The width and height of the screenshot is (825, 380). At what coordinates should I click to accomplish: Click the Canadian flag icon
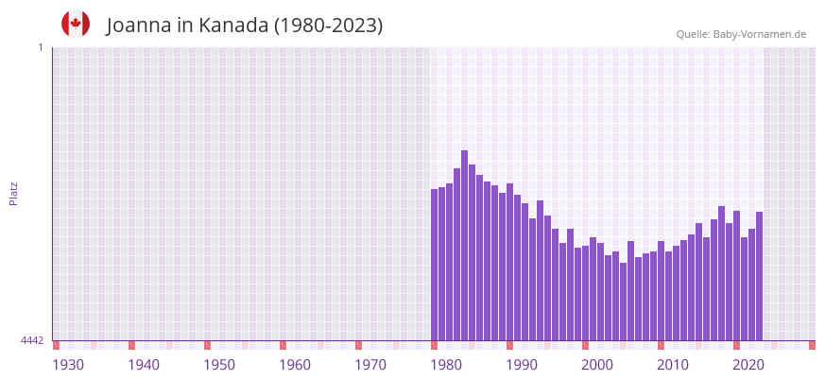[x=76, y=24]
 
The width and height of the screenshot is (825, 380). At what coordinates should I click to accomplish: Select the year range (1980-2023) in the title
[x=328, y=26]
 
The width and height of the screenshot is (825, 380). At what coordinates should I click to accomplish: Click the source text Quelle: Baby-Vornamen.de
[x=741, y=34]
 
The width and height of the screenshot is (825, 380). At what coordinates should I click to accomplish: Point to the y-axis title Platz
[x=13, y=193]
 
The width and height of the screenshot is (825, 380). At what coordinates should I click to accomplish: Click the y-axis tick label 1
[x=41, y=47]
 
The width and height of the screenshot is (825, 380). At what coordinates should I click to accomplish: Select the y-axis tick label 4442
[x=32, y=340]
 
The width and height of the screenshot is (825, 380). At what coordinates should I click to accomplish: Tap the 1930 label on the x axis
[x=68, y=366]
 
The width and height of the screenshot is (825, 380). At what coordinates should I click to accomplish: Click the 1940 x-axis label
[x=144, y=366]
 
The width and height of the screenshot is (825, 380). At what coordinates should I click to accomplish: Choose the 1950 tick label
[x=219, y=366]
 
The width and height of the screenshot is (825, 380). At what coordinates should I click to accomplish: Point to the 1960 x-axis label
[x=295, y=366]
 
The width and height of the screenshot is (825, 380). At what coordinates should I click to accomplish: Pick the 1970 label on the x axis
[x=370, y=366]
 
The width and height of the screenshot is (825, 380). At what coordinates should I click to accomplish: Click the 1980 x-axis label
[x=446, y=366]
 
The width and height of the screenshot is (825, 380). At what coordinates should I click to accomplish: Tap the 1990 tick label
[x=522, y=366]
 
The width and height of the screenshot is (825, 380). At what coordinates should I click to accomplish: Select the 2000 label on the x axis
[x=597, y=366]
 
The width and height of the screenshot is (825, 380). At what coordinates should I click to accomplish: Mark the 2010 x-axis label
[x=673, y=366]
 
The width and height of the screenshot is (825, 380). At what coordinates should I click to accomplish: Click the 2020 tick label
[x=748, y=366]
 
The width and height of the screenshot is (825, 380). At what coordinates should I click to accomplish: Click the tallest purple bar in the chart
[x=464, y=246]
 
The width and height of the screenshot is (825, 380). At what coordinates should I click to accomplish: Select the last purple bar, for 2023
[x=759, y=276]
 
